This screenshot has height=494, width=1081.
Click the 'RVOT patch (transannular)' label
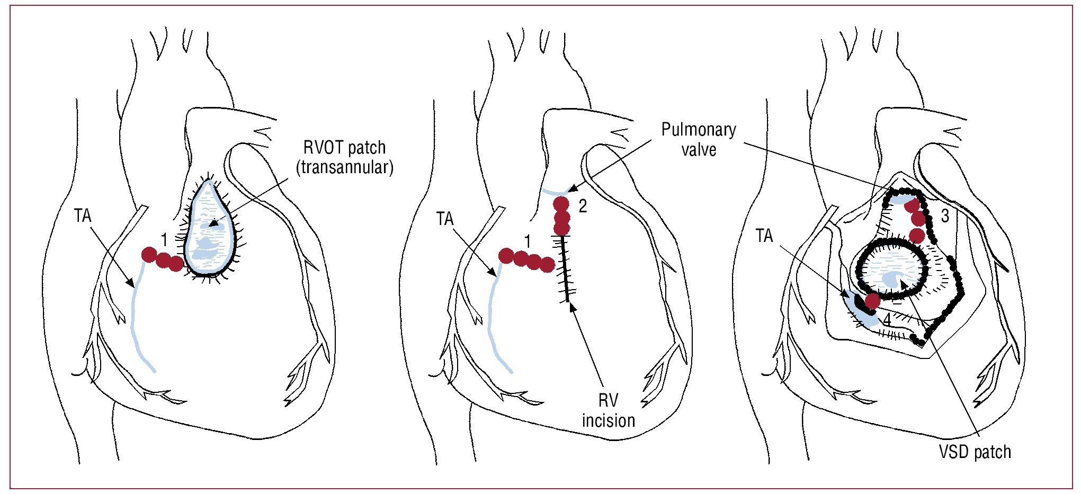pos(345,157)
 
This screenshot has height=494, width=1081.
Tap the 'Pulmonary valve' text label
pos(699,140)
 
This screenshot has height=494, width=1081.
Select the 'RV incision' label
pos(608,410)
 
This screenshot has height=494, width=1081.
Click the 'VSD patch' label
pos(975,452)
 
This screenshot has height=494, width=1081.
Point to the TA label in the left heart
pos(83,216)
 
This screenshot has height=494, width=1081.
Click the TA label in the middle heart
pos(445,219)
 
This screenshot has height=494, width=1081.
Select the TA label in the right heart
pos(764,236)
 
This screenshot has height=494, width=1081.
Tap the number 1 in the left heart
pos(164,240)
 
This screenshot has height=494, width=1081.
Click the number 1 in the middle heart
pos(527,242)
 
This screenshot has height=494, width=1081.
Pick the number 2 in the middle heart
pos(583,206)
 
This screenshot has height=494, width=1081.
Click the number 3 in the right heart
pos(945,216)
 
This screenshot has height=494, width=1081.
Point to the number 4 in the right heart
pos(886,320)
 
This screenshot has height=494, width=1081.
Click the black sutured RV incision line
pos(566,270)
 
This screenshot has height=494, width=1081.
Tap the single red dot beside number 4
pos(872,301)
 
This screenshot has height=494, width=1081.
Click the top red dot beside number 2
pos(561,204)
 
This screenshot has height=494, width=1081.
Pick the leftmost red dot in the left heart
pos(149,255)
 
